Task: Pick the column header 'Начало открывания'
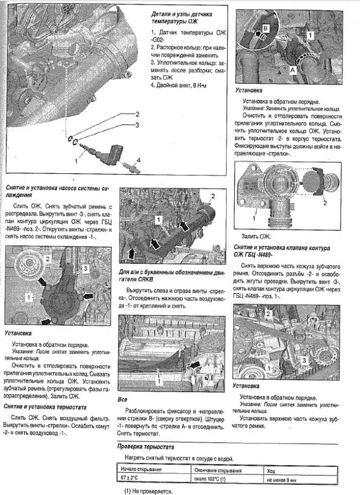(140, 470)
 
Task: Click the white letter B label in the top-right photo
(265, 26)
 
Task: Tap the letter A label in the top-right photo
(292, 71)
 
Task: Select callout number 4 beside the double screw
(139, 160)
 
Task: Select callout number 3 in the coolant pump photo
(85, 268)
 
